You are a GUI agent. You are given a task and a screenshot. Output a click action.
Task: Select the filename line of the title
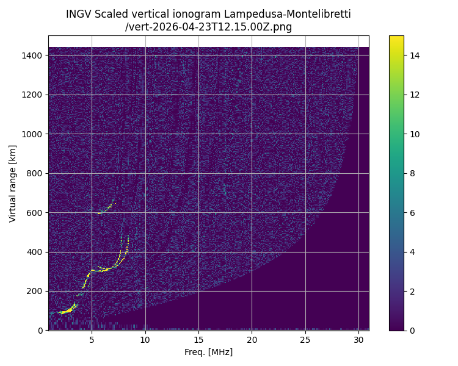pyautogui.click(x=208, y=27)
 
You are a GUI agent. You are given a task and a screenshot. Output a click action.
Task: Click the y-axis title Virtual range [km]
pyautogui.click(x=13, y=183)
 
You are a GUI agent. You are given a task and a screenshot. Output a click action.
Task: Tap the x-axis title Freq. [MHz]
pyautogui.click(x=208, y=352)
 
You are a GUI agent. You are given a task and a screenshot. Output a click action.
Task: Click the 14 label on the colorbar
pyautogui.click(x=415, y=56)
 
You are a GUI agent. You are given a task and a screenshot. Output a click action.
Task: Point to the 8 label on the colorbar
pyautogui.click(x=413, y=173)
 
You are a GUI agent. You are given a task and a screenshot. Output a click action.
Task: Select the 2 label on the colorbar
pyautogui.click(x=413, y=291)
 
